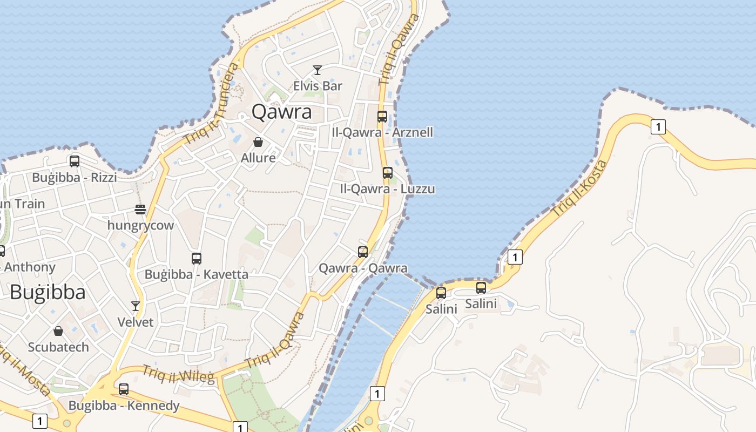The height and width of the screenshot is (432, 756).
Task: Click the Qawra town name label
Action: click(x=282, y=112)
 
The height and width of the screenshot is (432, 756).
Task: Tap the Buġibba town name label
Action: click(x=48, y=292)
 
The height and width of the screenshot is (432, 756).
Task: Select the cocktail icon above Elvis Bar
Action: click(x=318, y=70)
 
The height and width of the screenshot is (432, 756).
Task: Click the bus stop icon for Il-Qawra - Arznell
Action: click(x=382, y=116)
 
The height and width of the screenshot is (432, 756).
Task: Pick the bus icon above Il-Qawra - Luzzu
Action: click(x=388, y=173)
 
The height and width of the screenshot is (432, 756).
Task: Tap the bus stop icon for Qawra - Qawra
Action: click(x=363, y=252)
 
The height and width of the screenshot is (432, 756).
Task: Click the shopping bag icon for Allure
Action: click(x=258, y=142)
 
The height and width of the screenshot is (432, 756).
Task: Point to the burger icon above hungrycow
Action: click(x=140, y=210)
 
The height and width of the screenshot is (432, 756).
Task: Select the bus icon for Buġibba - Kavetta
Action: click(x=197, y=258)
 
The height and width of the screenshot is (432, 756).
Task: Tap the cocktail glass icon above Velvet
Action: click(x=136, y=306)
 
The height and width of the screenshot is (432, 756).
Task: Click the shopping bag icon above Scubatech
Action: click(x=58, y=331)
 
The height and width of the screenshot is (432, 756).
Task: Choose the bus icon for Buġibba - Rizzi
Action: click(x=75, y=161)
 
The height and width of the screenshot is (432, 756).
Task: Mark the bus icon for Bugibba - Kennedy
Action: click(x=124, y=389)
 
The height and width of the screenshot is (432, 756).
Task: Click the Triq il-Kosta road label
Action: click(x=579, y=188)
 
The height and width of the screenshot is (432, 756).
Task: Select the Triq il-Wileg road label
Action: click(x=178, y=373)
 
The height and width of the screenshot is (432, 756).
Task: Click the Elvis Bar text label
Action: click(x=318, y=86)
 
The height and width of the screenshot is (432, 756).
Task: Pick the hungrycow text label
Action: click(x=140, y=225)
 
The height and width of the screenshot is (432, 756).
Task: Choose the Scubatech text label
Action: click(x=58, y=347)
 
